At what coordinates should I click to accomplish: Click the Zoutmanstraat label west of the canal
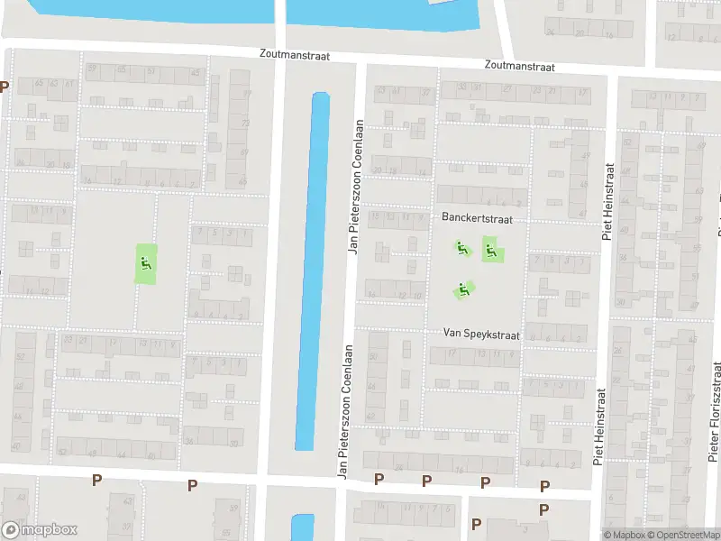point(293,56)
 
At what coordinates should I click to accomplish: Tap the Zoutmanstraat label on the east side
point(518,66)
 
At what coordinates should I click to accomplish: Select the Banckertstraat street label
point(472,218)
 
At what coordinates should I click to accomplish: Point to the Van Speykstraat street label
point(481,334)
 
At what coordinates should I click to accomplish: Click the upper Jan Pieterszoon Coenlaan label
point(357,187)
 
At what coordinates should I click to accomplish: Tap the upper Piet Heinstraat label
point(608,201)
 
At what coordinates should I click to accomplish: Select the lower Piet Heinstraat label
point(598,426)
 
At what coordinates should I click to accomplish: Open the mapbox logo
point(40,530)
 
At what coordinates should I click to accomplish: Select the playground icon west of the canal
point(145,263)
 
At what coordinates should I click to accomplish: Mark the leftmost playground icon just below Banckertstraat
point(461,246)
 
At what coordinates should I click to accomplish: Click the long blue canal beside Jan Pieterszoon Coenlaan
point(311,270)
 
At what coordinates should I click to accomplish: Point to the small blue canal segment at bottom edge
point(303,527)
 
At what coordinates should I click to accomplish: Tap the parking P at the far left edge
point(5,87)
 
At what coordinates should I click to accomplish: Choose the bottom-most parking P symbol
point(477,524)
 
